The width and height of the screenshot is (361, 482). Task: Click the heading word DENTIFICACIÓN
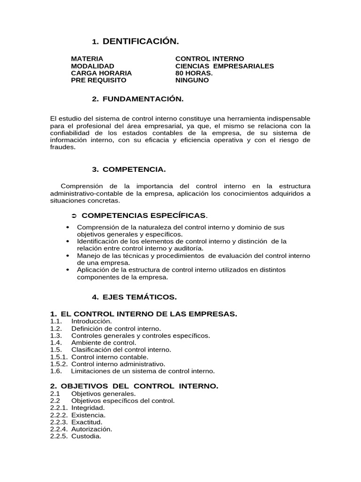point(141,42)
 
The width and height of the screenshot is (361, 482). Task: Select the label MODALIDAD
point(92,66)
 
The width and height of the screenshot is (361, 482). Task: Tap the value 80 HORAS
point(194,73)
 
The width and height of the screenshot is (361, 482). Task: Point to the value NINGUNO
point(192,80)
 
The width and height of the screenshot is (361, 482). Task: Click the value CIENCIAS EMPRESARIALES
point(224,66)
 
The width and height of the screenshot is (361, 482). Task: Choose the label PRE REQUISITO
point(98,80)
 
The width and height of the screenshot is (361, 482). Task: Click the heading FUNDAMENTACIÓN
point(142,99)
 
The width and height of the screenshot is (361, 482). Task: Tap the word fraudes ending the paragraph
point(63,147)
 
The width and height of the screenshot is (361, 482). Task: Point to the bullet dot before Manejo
point(69,256)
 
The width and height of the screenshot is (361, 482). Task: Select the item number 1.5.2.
point(59,364)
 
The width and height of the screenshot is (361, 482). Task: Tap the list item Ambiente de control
point(103,343)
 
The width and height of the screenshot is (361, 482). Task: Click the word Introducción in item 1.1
point(92,321)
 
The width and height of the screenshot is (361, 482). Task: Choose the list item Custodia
point(86,436)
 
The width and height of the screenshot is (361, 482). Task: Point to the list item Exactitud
point(87,422)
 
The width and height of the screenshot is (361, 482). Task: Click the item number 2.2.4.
point(59,429)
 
